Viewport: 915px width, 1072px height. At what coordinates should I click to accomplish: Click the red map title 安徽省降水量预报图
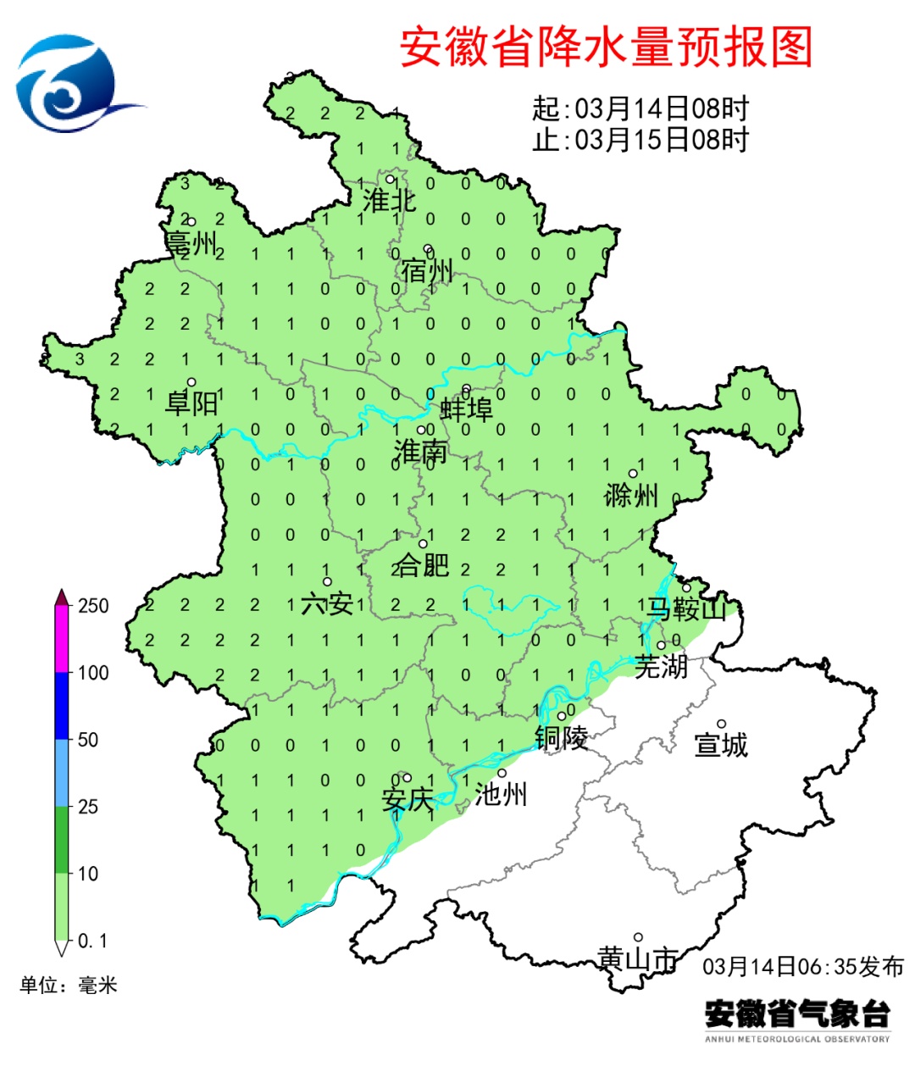click(x=606, y=47)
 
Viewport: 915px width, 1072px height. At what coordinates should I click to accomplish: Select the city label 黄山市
click(x=637, y=958)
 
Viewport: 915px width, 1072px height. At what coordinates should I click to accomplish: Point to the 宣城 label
click(x=721, y=745)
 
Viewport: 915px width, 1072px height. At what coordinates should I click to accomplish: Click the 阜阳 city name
click(x=191, y=403)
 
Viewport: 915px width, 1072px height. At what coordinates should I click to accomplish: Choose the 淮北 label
click(x=390, y=201)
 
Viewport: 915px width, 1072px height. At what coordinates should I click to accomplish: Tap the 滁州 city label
click(x=631, y=495)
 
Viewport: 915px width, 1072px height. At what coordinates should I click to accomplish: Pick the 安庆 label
click(x=408, y=799)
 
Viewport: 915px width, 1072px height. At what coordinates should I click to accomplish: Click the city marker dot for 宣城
click(x=722, y=724)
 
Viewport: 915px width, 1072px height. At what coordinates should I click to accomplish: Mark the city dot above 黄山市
click(x=638, y=937)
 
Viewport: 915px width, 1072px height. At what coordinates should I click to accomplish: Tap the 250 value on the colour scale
click(x=93, y=606)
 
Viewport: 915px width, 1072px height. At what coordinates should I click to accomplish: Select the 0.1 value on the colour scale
click(x=92, y=941)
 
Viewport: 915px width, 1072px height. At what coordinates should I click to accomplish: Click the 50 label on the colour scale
click(x=88, y=740)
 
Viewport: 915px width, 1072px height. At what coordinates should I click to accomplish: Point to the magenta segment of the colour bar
click(x=62, y=640)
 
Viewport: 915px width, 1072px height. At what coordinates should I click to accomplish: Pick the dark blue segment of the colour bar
click(x=62, y=706)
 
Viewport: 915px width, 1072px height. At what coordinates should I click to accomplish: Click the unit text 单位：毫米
click(x=69, y=985)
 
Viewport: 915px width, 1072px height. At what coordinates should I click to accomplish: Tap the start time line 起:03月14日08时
click(x=640, y=108)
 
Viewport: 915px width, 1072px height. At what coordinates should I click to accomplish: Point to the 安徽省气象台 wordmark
click(x=797, y=1014)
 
